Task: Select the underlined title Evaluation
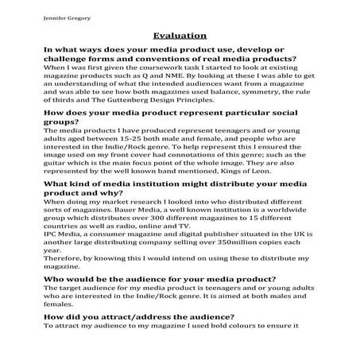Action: pos(180,36)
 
